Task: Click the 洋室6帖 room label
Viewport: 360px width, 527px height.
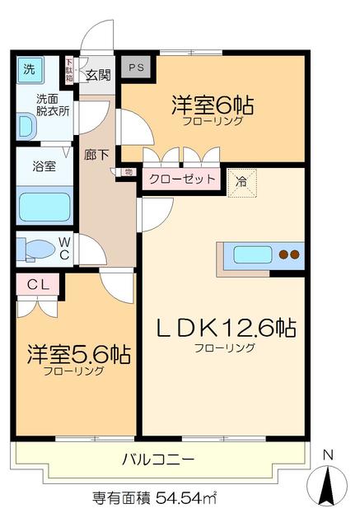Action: (x=212, y=106)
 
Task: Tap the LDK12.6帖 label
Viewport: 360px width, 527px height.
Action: (x=227, y=329)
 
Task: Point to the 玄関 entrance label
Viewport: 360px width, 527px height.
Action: (x=99, y=75)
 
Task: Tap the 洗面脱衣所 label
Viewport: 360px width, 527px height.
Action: (x=52, y=105)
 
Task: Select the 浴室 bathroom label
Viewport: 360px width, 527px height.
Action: (x=44, y=166)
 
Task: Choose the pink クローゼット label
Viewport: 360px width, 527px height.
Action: (x=183, y=179)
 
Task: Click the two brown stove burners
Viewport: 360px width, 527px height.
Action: (x=289, y=254)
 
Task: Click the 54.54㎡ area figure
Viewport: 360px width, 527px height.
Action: (x=187, y=499)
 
